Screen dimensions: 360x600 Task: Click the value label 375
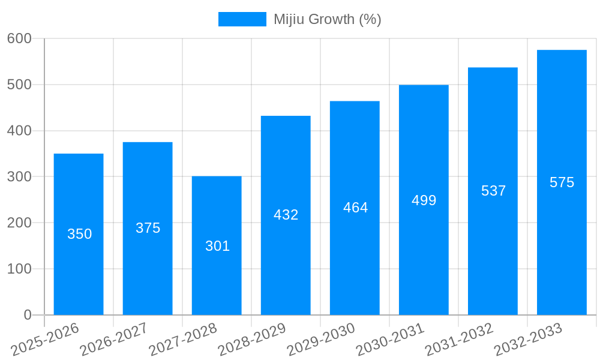click(x=148, y=228)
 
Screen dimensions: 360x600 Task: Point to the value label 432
click(x=286, y=215)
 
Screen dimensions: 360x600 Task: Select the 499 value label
click(x=424, y=200)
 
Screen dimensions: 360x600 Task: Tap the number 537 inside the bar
click(x=493, y=191)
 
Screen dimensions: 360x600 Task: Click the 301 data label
click(x=217, y=246)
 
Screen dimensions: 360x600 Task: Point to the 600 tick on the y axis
click(x=19, y=38)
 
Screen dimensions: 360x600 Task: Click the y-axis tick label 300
click(x=19, y=176)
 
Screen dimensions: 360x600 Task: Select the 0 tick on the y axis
click(x=28, y=315)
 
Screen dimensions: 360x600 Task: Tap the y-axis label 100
click(x=19, y=269)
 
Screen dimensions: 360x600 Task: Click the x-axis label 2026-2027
click(x=114, y=338)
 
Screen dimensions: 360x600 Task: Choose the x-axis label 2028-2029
click(x=252, y=338)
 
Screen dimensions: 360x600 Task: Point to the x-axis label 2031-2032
click(x=459, y=338)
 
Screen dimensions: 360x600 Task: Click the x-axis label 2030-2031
click(x=390, y=338)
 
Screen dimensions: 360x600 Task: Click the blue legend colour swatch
click(x=242, y=19)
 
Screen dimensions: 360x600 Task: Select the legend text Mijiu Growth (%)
click(x=327, y=19)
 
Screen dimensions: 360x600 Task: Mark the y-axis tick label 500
click(x=19, y=85)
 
